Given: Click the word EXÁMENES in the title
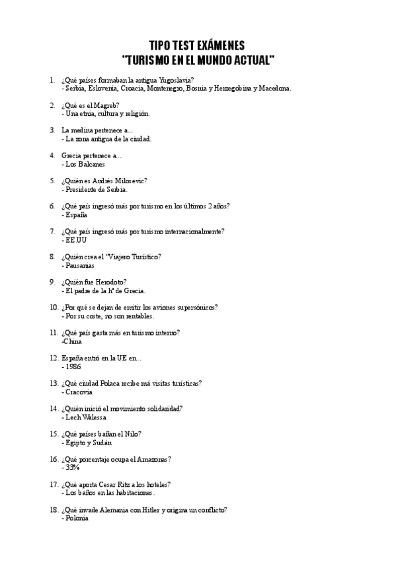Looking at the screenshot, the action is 216,46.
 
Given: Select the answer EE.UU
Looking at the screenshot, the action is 75,240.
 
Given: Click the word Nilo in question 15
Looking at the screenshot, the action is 133,434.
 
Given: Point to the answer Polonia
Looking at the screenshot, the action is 76,518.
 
